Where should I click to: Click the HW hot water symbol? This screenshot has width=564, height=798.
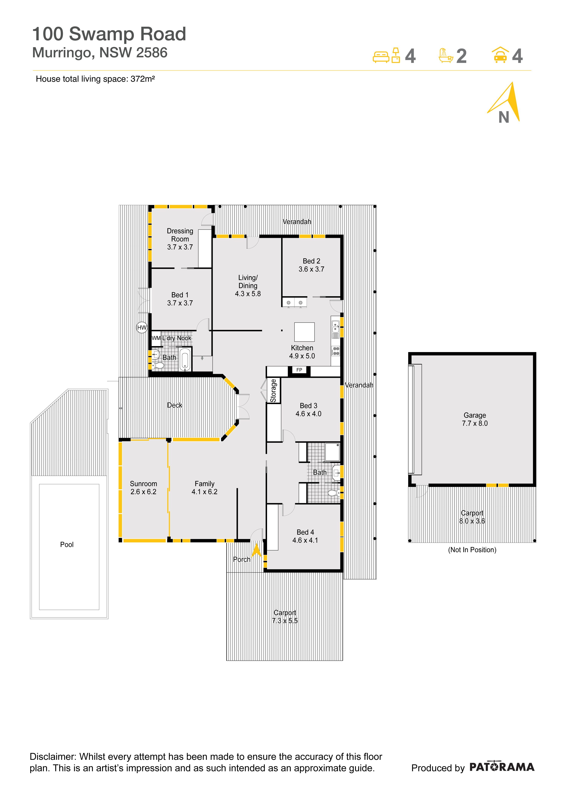[142, 327]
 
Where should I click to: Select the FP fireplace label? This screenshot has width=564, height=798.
[299, 370]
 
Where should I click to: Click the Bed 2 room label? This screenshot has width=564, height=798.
[311, 261]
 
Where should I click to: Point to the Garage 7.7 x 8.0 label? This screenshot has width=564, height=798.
[475, 419]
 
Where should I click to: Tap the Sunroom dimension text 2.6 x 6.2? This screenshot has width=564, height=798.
[143, 492]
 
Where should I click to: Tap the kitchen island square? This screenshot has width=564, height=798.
[304, 332]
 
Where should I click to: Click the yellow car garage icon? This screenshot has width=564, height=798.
[500, 55]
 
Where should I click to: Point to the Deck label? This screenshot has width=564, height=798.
[175, 405]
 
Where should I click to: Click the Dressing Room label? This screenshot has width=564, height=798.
[180, 235]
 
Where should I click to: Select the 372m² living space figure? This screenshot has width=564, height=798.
[143, 79]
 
